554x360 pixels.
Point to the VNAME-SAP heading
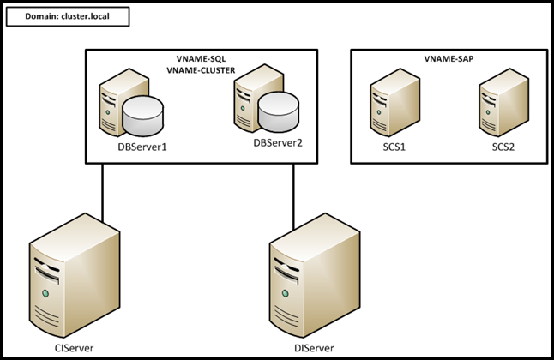click(x=449, y=59)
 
